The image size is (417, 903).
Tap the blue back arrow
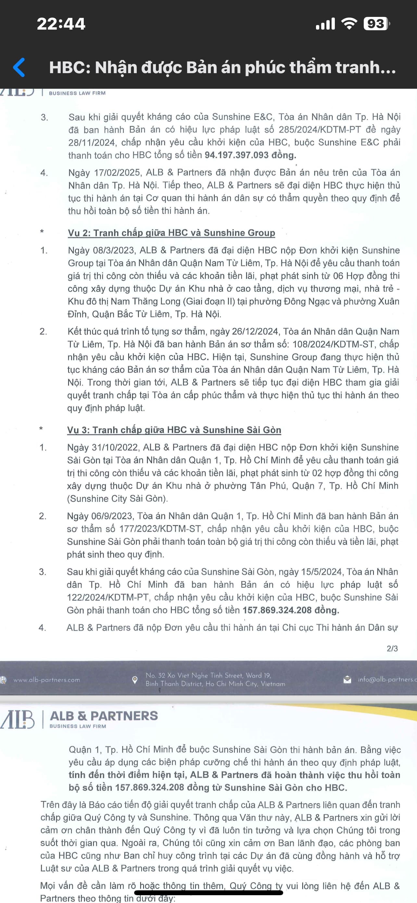[x=19, y=67]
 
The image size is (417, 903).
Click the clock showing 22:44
[x=61, y=24]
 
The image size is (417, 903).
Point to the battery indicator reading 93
[x=376, y=24]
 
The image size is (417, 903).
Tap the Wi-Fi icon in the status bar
[x=349, y=23]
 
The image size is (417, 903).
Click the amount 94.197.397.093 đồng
[x=250, y=155]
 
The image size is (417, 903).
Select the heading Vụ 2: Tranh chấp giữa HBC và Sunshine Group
[x=171, y=233]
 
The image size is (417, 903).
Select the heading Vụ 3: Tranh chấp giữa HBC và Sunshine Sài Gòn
[x=174, y=430]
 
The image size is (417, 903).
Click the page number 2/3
[x=392, y=648]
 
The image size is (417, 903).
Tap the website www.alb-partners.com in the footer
[x=46, y=680]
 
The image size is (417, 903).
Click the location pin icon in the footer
[x=134, y=680]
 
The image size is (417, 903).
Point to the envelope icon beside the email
[x=347, y=680]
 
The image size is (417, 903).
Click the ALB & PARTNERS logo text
[x=104, y=715]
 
